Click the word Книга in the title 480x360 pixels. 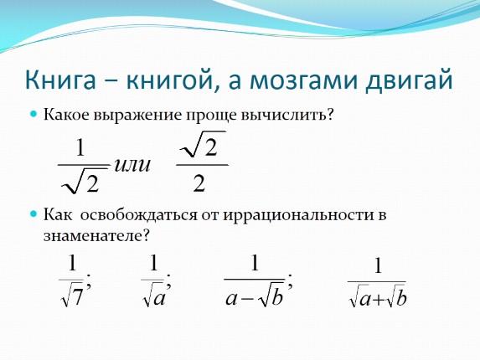pos(59,81)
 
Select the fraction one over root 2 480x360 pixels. pos(81,164)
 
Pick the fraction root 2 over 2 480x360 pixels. pos(201,164)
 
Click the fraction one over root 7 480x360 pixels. pos(73,281)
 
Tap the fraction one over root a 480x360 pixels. pos(154,281)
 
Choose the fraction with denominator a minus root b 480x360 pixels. pos(255,281)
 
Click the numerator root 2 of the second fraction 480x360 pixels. pos(201,148)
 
